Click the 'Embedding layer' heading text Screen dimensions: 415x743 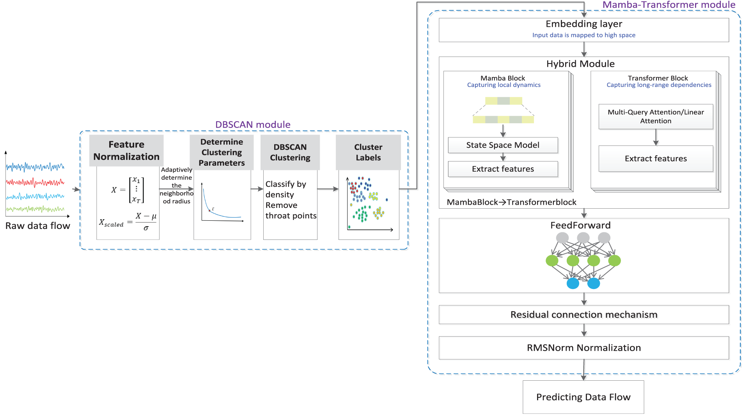click(583, 24)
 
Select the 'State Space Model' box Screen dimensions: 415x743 click(503, 145)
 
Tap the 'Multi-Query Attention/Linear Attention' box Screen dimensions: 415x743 click(656, 117)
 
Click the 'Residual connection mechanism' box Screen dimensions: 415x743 click(583, 314)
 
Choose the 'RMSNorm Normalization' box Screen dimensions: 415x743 click(583, 348)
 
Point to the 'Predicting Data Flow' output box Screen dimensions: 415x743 click(583, 397)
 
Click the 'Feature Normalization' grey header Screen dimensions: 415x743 click(126, 151)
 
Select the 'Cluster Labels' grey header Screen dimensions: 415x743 click(368, 153)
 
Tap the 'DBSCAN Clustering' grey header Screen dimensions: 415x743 click(290, 153)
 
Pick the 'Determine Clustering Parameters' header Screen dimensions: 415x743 click(222, 153)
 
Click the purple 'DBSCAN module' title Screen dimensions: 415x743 click(253, 124)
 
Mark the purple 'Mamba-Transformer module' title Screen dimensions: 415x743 click(669, 5)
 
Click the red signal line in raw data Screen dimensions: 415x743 click(35, 182)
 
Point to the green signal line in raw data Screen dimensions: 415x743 click(35, 209)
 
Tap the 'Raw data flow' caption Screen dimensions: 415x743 click(38, 226)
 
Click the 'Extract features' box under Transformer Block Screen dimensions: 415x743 click(656, 159)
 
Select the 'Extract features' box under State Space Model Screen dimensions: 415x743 click(503, 169)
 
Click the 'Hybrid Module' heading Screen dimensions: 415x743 click(580, 64)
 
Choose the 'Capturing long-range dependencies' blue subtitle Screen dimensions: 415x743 click(659, 85)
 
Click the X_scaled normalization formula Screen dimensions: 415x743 click(128, 222)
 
